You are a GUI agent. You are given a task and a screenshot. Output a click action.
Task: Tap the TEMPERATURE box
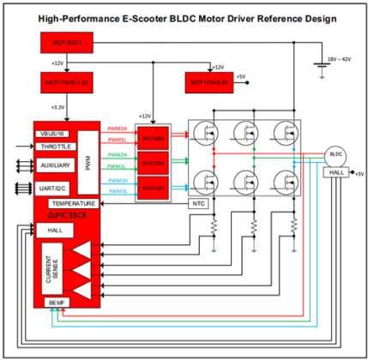click(72, 203)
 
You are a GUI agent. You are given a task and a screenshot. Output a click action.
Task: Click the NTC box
click(196, 203)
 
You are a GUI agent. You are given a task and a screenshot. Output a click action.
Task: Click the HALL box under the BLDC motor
click(335, 172)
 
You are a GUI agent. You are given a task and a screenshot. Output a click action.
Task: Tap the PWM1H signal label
click(117, 128)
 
